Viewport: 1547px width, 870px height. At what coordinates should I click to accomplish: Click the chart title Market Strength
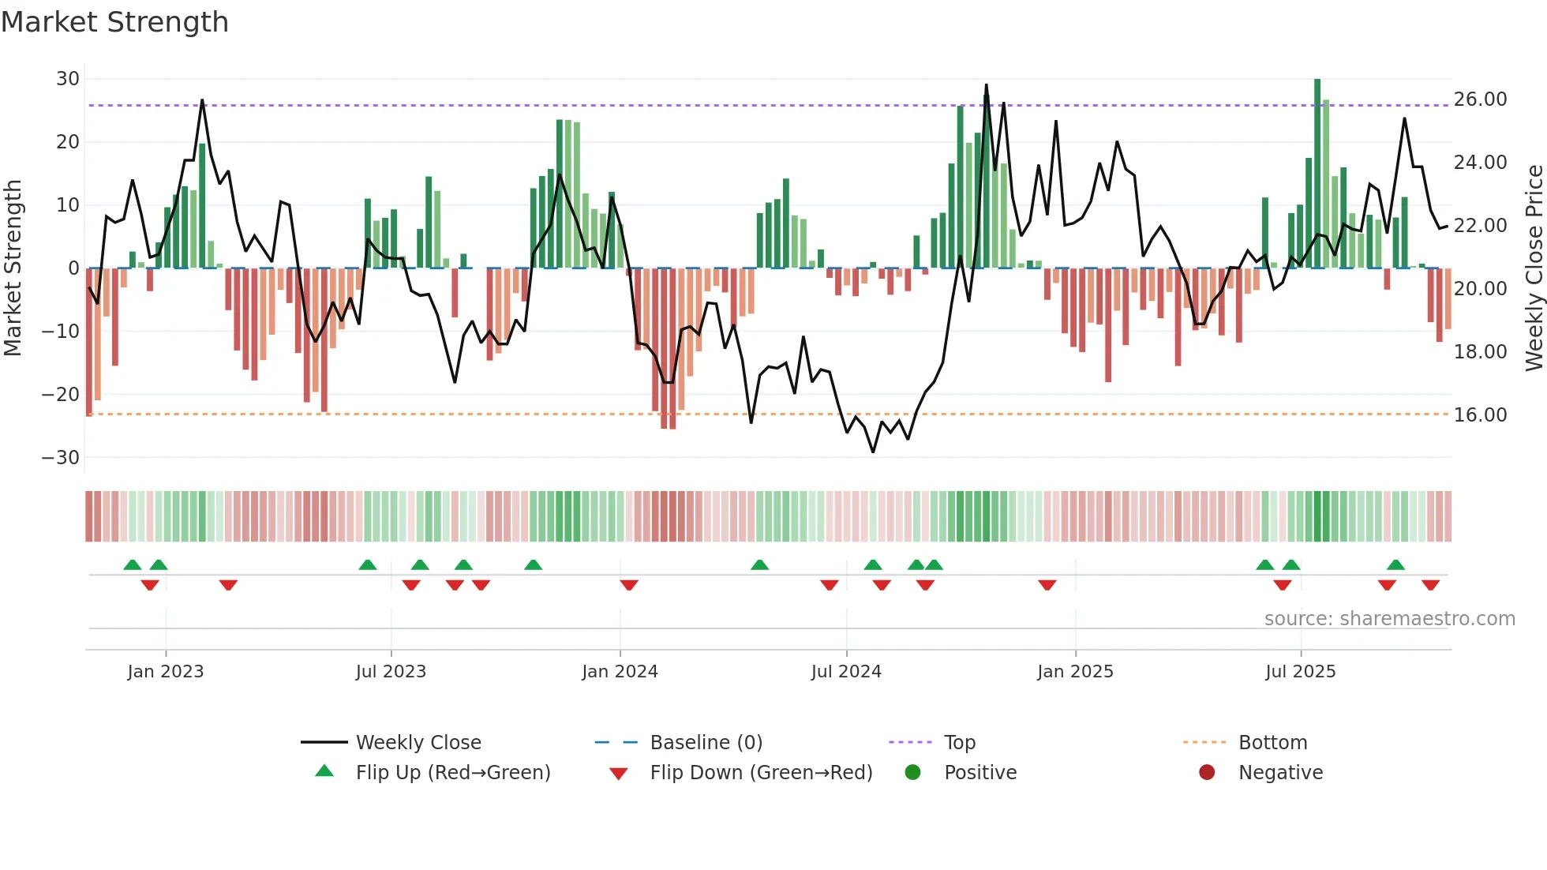point(115,22)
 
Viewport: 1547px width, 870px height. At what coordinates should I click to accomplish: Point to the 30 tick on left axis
point(68,79)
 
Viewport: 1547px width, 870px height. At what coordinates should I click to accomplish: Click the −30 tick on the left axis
point(61,458)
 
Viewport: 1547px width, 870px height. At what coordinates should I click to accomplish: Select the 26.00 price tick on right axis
point(1480,99)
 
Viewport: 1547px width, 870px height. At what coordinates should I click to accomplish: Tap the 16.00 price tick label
point(1480,415)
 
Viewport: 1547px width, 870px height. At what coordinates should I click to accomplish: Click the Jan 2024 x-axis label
point(620,672)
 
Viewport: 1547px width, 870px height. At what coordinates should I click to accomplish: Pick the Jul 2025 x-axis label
point(1300,672)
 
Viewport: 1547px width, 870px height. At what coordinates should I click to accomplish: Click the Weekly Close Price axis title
point(1534,268)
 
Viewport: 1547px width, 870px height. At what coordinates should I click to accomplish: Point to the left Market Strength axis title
point(13,268)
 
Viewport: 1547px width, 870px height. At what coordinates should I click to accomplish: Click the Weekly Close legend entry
point(418,743)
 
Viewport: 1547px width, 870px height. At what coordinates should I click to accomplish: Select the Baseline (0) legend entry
point(706,743)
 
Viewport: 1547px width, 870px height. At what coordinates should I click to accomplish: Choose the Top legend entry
point(959,743)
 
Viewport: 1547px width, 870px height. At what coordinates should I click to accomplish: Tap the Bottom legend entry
point(1272,743)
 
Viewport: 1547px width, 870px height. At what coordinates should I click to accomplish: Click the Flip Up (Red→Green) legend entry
point(452,773)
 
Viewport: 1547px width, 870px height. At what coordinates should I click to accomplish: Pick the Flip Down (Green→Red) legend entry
point(761,773)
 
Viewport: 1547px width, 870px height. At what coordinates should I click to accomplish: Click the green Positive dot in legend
point(913,773)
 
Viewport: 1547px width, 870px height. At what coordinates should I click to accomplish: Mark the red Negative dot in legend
point(1207,773)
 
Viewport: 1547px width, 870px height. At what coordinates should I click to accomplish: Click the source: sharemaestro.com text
point(1389,619)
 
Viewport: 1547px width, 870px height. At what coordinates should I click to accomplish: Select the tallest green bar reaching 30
point(1317,174)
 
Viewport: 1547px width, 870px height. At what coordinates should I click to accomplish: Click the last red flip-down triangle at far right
point(1430,585)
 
